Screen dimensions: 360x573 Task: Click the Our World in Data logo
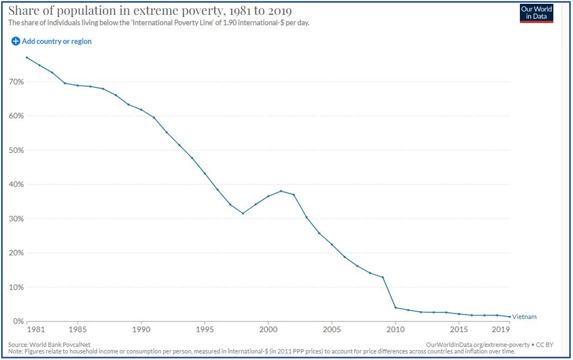tap(536, 13)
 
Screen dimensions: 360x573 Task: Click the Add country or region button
tap(51, 41)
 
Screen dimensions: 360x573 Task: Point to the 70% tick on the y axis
tap(16, 82)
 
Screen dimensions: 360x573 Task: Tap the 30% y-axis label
tap(16, 219)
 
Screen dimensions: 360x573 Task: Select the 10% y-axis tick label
tap(16, 287)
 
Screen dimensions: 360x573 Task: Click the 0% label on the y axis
tap(18, 322)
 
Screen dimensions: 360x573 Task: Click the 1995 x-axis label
tap(204, 329)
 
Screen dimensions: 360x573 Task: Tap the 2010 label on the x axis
tap(396, 329)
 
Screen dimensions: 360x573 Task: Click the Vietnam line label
tap(524, 317)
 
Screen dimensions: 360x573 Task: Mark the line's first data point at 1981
tap(27, 57)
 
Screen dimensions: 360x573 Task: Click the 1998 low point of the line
tap(243, 213)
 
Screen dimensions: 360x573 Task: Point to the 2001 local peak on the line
tap(281, 191)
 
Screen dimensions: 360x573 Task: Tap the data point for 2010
tap(396, 307)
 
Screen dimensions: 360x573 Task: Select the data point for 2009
tap(383, 277)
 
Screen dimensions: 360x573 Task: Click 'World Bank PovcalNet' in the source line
tap(57, 345)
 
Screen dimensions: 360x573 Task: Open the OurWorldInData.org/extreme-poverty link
tap(477, 345)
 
